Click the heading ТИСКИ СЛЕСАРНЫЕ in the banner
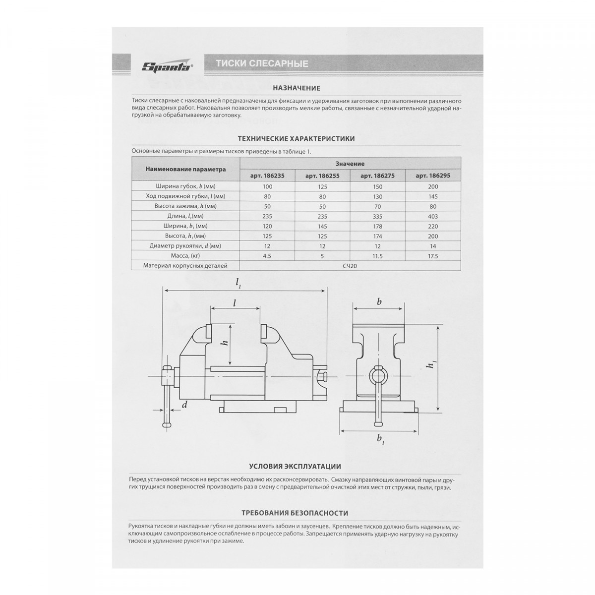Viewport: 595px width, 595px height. click(x=262, y=63)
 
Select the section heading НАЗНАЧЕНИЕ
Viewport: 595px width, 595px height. click(x=297, y=88)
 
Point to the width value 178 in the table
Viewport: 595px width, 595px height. click(x=378, y=226)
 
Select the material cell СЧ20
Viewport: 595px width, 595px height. click(x=350, y=266)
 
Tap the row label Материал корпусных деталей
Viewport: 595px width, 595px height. click(x=185, y=266)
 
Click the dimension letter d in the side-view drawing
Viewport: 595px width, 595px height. click(x=184, y=405)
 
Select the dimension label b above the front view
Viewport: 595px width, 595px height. click(x=379, y=301)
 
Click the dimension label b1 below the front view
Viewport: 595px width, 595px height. click(x=380, y=438)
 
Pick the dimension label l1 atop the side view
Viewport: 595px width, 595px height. click(x=238, y=283)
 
